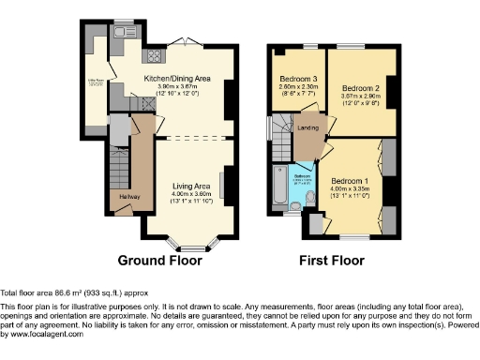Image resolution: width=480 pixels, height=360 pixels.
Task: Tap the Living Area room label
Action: tap(183, 187)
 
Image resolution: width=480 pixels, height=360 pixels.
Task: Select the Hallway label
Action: tap(118, 196)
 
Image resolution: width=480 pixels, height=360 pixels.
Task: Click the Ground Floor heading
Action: tap(159, 262)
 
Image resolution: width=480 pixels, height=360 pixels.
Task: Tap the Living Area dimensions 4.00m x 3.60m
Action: tap(183, 194)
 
